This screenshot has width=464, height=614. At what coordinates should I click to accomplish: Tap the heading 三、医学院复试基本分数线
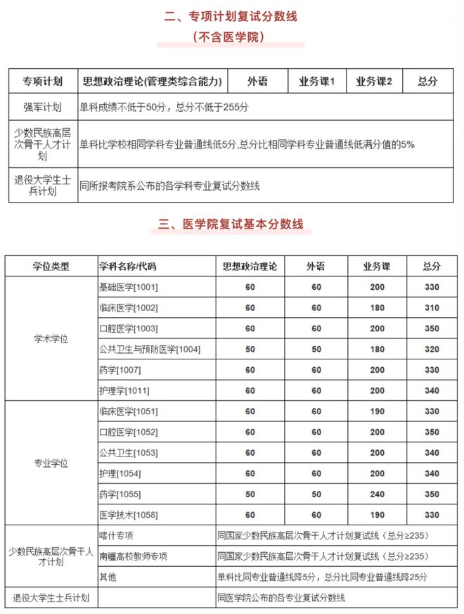[x=231, y=224]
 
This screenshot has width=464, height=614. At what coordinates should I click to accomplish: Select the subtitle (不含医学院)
[x=231, y=36]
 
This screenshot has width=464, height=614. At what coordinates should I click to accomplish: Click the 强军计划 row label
[x=42, y=108]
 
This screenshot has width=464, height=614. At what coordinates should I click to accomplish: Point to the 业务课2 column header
[x=374, y=82]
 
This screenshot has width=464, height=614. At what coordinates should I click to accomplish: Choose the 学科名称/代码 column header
[x=128, y=266]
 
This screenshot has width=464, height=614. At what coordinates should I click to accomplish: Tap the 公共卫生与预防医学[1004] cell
[x=150, y=349]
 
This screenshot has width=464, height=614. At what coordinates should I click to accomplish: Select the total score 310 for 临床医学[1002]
[x=432, y=307]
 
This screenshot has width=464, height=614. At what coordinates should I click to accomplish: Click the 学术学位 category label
[x=51, y=338]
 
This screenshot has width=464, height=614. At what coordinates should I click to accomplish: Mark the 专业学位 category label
[x=51, y=463]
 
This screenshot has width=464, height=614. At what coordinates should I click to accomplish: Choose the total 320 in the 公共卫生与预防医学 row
[x=432, y=349]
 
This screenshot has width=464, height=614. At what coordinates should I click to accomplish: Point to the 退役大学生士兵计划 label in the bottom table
[x=51, y=598]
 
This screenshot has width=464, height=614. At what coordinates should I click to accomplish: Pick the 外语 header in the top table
[x=258, y=82]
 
